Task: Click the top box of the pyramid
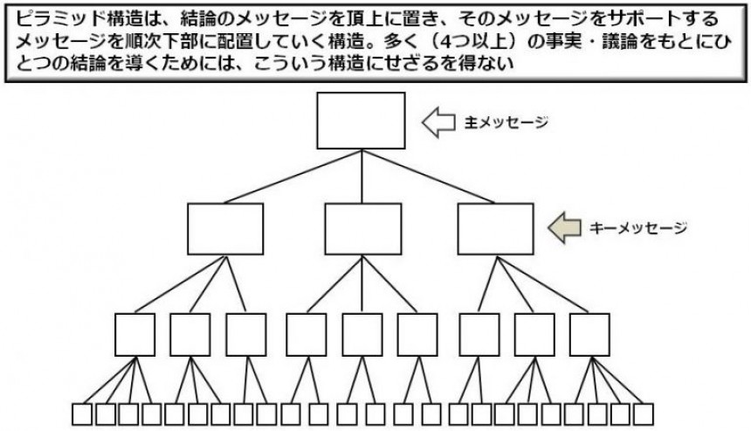(361, 121)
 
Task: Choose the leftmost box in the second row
(225, 229)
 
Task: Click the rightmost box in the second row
(495, 229)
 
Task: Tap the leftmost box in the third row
(134, 334)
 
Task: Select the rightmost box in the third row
(589, 334)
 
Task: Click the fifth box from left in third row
(362, 334)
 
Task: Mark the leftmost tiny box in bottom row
(83, 414)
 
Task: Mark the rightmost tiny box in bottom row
(644, 414)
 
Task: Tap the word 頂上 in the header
(359, 19)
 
